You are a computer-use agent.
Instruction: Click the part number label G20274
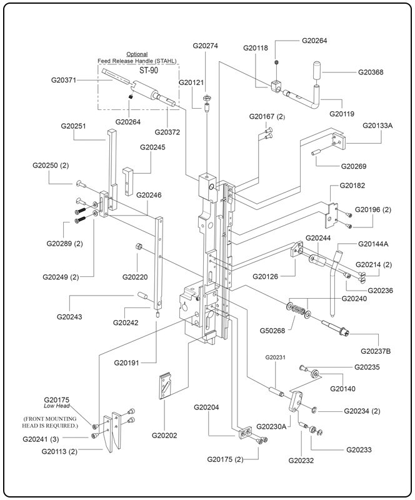click(x=206, y=46)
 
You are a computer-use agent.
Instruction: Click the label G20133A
click(x=377, y=125)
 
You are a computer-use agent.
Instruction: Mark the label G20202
click(x=164, y=435)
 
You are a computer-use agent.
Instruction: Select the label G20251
click(x=73, y=126)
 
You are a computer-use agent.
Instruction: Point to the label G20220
click(x=135, y=276)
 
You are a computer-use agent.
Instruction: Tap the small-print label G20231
click(x=275, y=357)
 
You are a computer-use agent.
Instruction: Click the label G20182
click(x=352, y=186)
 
